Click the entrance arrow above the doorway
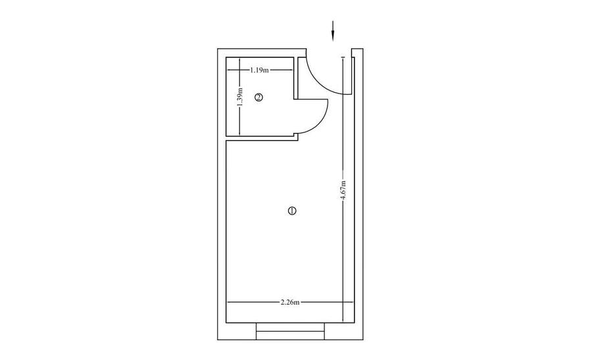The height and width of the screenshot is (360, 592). click(333, 30)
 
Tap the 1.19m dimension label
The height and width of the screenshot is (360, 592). click(259, 70)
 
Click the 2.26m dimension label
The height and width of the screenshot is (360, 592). click(290, 302)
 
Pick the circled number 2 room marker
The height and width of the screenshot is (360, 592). click(259, 97)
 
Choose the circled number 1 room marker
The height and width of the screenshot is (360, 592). click(292, 211)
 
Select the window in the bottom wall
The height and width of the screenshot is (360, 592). click(290, 331)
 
